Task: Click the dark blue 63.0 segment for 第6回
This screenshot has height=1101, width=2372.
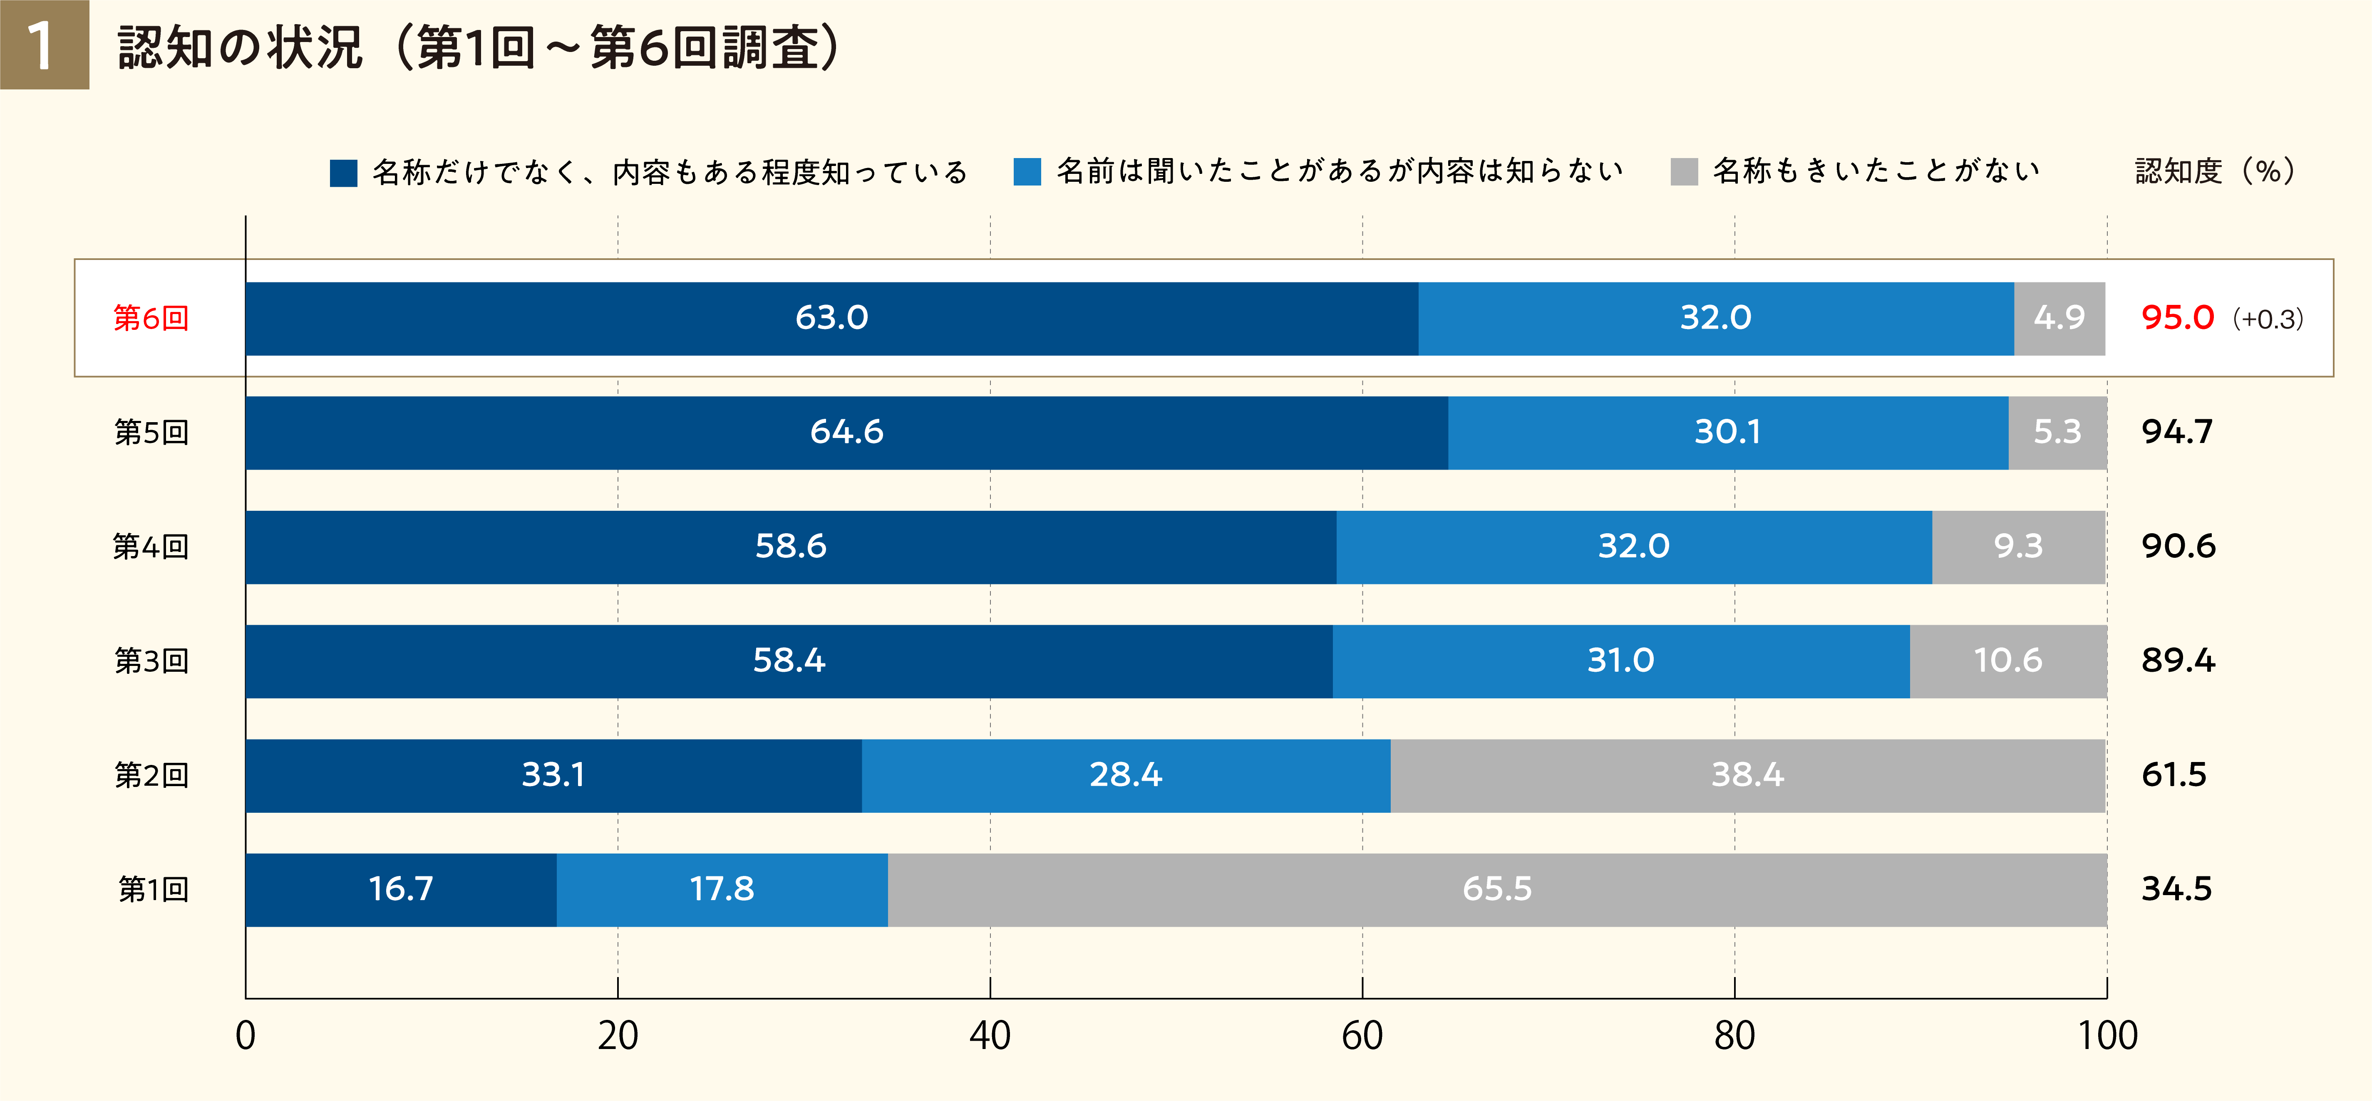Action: click(x=831, y=319)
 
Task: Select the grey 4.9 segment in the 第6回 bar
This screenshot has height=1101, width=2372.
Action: click(x=2059, y=319)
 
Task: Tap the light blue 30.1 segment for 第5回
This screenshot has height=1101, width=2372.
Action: click(x=1727, y=433)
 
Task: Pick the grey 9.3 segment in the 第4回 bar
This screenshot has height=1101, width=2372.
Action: click(x=2018, y=547)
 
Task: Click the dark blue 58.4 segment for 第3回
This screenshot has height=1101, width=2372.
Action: click(x=789, y=661)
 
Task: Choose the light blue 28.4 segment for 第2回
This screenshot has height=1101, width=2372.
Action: click(x=1125, y=775)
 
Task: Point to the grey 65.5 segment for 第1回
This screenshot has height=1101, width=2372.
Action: click(x=1497, y=889)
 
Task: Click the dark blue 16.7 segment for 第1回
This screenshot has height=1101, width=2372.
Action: click(x=401, y=889)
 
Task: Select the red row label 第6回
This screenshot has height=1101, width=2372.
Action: click(x=151, y=319)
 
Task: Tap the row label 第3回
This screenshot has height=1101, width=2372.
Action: click(x=151, y=661)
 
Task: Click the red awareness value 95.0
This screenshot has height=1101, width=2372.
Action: click(x=2177, y=319)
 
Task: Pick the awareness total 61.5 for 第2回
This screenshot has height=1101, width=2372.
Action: click(x=2174, y=775)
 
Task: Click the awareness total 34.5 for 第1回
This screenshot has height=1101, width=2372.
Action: click(x=2176, y=889)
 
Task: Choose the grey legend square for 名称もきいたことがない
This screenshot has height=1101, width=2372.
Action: click(x=1684, y=172)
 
